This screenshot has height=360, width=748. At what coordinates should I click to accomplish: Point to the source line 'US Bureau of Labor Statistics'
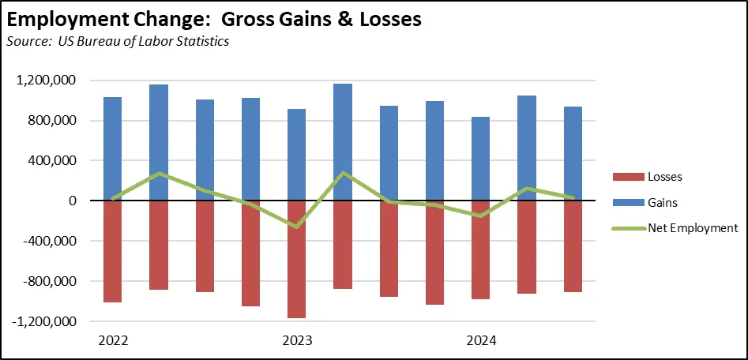[145, 41]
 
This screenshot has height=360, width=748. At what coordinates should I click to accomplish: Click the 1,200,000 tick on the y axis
[45, 81]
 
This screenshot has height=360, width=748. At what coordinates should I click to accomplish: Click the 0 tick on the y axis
[72, 201]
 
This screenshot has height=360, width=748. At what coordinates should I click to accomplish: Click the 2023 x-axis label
[296, 341]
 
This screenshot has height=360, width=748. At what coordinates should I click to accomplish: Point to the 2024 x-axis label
[480, 341]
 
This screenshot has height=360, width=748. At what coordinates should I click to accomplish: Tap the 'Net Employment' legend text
[693, 228]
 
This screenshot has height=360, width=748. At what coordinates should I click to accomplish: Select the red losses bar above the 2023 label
[296, 259]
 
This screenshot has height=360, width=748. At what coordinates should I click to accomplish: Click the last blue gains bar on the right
[573, 153]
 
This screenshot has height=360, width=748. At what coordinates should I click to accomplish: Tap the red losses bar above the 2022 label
[112, 251]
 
